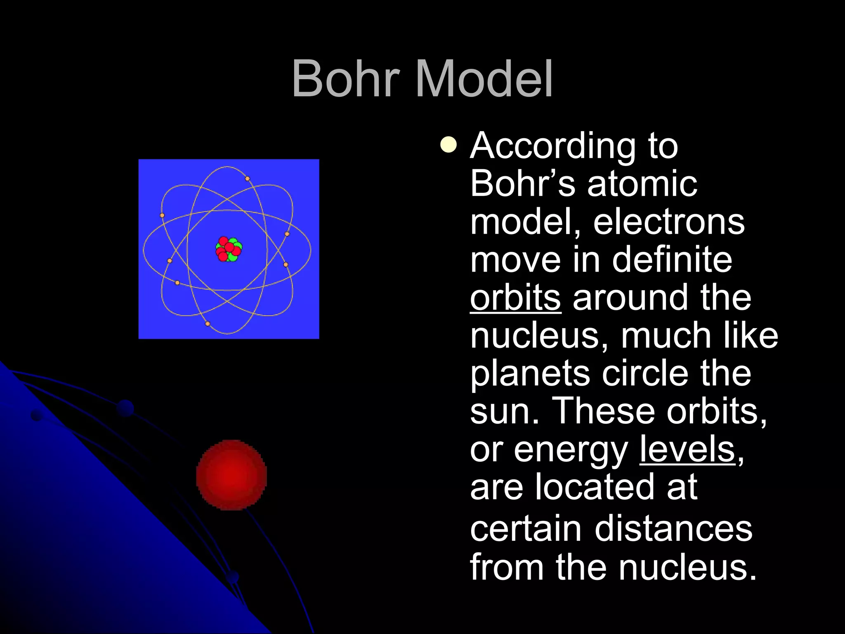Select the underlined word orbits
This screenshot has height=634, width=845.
515,298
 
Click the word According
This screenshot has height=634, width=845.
553,146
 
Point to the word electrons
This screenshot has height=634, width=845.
668,222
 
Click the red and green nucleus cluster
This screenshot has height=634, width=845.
229,249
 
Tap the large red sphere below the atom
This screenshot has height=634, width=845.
231,475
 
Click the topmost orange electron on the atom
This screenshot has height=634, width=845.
248,179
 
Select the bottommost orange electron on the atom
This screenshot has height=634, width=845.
208,324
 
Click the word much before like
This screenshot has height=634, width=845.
666,336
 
